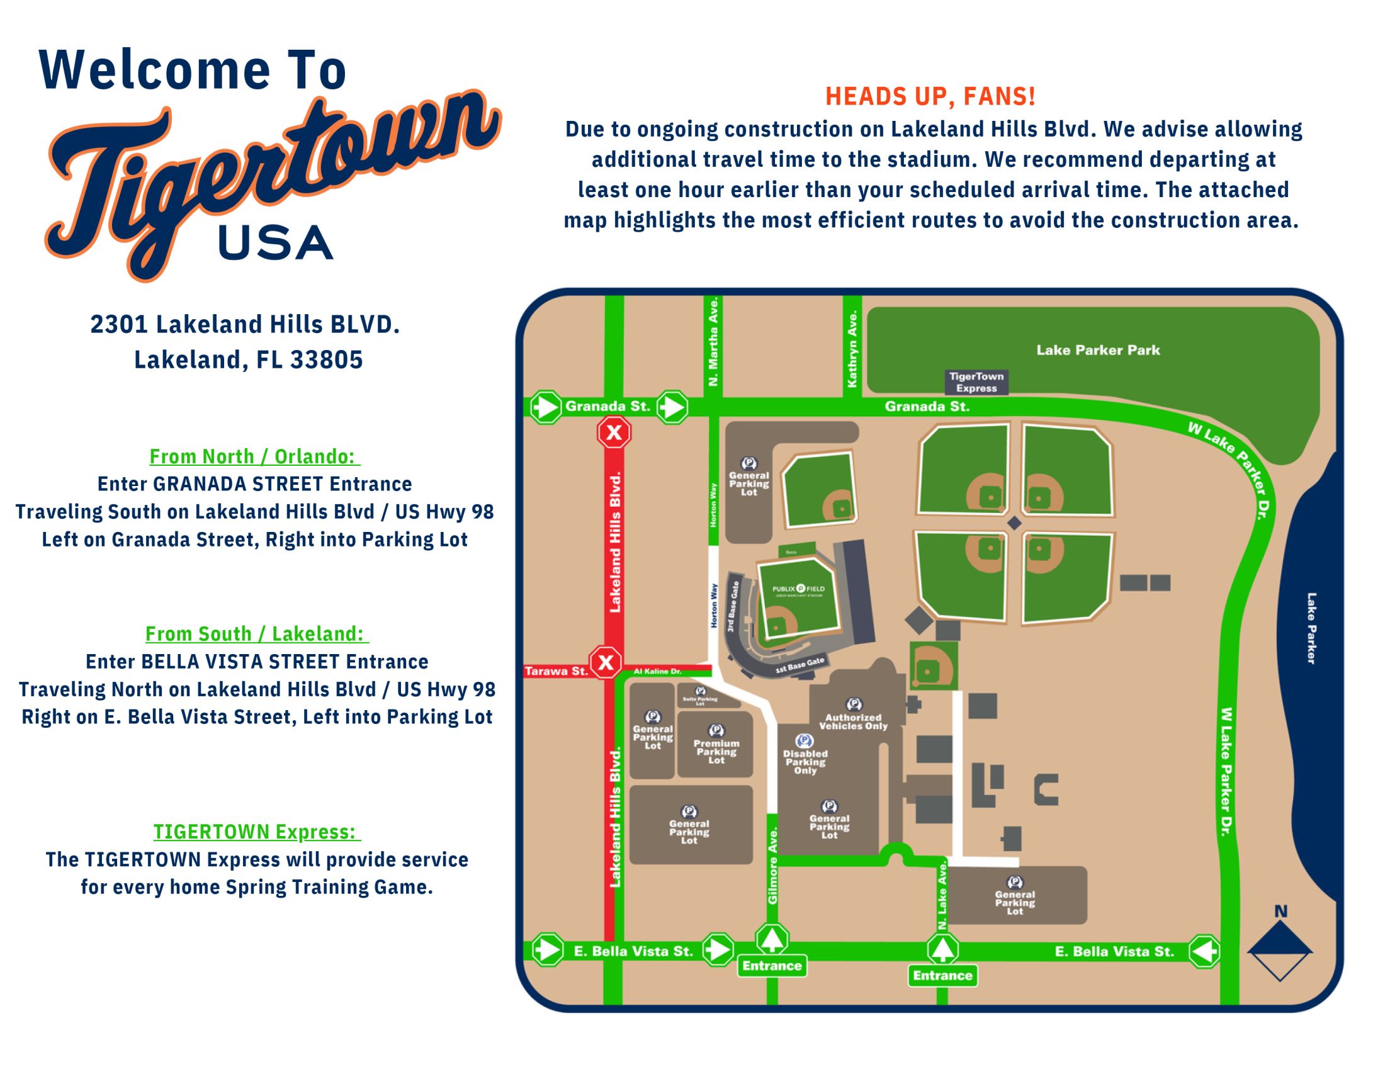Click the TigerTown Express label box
tap(976, 382)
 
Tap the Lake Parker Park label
tap(1098, 350)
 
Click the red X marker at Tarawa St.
tap(605, 662)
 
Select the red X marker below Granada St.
tap(614, 433)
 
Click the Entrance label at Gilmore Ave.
tap(771, 966)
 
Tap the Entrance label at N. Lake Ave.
tap(942, 975)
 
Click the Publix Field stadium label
tap(798, 589)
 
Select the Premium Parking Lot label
tap(716, 751)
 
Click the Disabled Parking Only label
tap(805, 761)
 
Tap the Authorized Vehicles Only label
tap(853, 721)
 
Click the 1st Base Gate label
tap(800, 666)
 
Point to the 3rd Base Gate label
tap(734, 607)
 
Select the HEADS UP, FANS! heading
tap(930, 97)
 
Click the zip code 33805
tap(327, 359)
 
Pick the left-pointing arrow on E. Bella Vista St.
tap(1204, 951)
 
